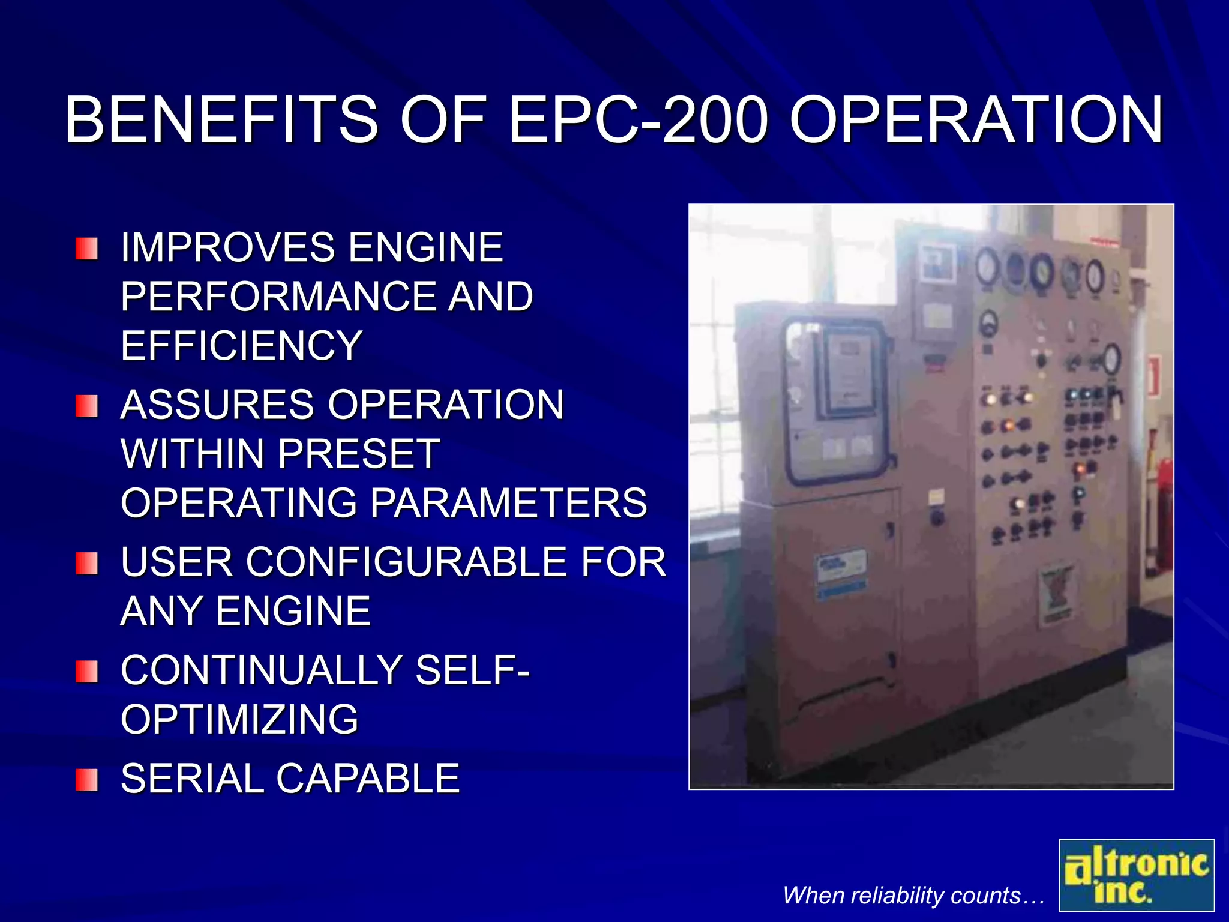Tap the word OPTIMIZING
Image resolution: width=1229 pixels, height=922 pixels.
239,719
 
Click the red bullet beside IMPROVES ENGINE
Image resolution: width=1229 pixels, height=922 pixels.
87,249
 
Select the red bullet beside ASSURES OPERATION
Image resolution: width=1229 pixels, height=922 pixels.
87,406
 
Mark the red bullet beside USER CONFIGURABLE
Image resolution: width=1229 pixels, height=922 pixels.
87,564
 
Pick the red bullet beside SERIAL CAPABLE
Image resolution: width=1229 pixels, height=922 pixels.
87,780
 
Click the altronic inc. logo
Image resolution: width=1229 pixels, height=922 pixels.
1136,875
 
